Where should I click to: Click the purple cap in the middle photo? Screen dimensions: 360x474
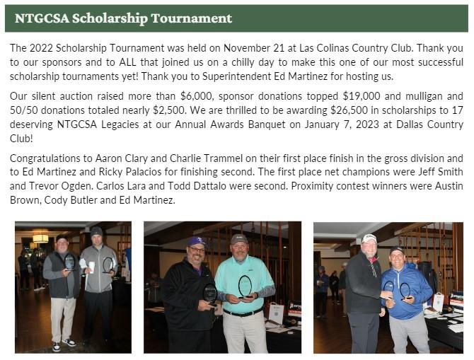[196, 241]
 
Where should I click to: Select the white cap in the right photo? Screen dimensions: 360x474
[369, 238]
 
